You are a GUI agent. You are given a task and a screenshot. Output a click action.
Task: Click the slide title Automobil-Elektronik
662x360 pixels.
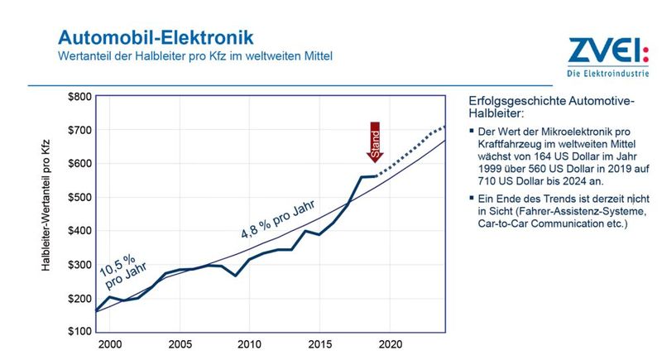click(x=156, y=37)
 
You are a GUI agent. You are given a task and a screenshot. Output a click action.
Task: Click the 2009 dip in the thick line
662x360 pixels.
click(x=236, y=275)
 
